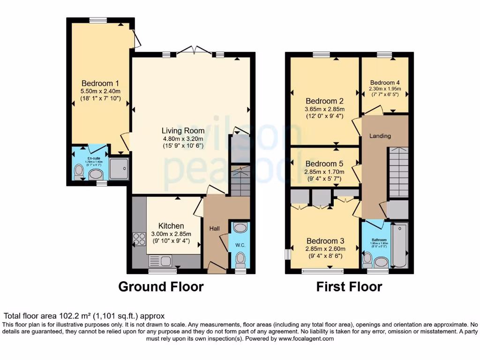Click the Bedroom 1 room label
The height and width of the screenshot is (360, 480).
click(x=100, y=84)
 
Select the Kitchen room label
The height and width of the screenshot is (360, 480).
click(x=171, y=226)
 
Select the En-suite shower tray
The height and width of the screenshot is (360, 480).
click(x=119, y=168)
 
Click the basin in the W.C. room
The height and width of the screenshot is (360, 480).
click(x=240, y=228)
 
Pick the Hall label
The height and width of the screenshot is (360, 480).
click(x=214, y=228)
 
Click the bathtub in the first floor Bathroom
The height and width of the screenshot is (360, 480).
click(x=400, y=245)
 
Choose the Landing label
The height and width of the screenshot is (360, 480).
click(x=380, y=136)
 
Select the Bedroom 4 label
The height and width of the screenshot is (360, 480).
click(x=385, y=82)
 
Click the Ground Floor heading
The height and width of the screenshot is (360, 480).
click(x=161, y=286)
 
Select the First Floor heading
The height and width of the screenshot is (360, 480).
click(x=349, y=286)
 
